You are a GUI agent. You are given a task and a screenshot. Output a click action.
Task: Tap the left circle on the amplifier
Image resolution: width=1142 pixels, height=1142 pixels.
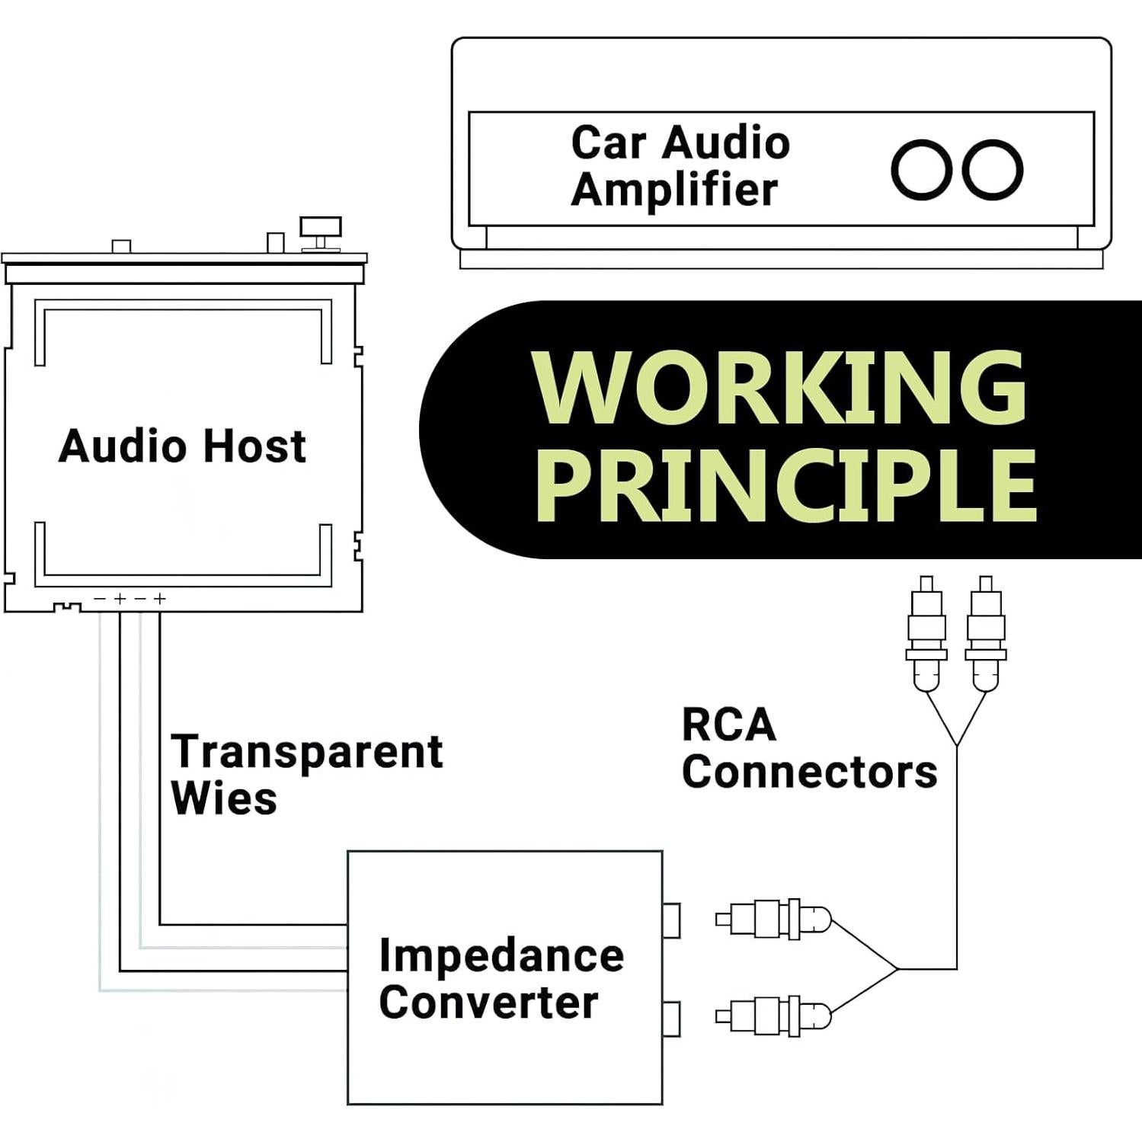coord(922,170)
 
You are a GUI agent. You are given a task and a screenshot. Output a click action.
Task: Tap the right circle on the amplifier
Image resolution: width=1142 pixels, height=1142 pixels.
coord(993,170)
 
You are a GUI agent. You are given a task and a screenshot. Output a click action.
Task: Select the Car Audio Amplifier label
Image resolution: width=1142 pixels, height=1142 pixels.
coord(680,166)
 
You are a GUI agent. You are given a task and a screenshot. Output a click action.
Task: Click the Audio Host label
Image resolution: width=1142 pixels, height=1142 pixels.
coord(182,446)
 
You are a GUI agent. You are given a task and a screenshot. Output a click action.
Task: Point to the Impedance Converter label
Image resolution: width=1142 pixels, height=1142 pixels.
coord(501,978)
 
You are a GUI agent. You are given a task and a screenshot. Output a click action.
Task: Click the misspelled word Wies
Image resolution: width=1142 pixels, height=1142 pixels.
coord(224,799)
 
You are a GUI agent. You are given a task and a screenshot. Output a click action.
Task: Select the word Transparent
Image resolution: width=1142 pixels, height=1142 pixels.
coord(306,752)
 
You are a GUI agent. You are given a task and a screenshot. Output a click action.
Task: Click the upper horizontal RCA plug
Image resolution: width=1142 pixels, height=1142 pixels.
coord(773,919)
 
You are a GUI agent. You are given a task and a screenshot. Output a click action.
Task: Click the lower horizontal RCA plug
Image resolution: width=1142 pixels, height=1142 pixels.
coord(773,1016)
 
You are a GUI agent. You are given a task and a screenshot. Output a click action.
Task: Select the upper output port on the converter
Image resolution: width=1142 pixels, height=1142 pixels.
coord(671,920)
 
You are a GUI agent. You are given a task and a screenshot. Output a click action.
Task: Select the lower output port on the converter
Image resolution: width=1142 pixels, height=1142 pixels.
coord(671,1019)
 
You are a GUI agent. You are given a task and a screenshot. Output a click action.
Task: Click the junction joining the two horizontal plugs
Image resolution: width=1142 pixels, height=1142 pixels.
coord(899,969)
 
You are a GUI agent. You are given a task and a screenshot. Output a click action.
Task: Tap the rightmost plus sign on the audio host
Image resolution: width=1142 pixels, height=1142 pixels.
coord(159,599)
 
